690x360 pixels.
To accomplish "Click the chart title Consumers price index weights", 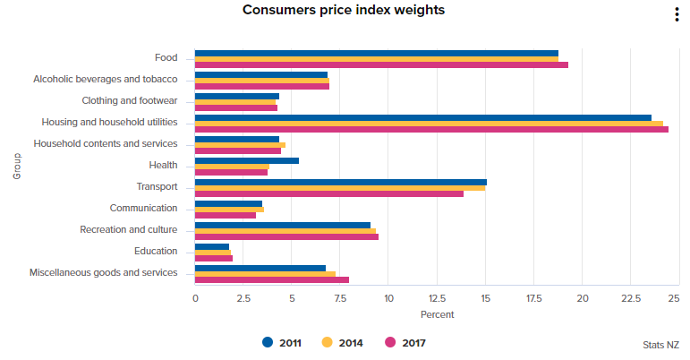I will point(344,11).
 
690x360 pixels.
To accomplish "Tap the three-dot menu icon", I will point(677,14).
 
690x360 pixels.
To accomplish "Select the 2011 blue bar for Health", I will point(247,160).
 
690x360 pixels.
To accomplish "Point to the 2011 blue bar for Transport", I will point(341,182).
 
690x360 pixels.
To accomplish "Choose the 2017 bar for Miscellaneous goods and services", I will point(272,279).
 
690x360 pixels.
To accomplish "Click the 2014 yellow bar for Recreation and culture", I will point(285,231).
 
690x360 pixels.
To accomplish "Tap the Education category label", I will point(156,252).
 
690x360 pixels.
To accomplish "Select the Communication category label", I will point(143,209).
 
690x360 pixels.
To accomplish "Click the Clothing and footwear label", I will point(130,101).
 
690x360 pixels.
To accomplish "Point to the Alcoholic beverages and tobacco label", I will point(106,80).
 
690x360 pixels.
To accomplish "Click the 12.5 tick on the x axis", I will point(437,298).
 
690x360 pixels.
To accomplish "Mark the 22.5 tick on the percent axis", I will point(630,298).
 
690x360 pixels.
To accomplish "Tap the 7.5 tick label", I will point(340,298).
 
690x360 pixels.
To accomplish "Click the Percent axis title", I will point(437,314).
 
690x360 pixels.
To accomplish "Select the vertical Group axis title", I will point(17,166).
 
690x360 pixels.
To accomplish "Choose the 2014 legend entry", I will point(343,342).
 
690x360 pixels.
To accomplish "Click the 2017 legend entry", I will point(405,342).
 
